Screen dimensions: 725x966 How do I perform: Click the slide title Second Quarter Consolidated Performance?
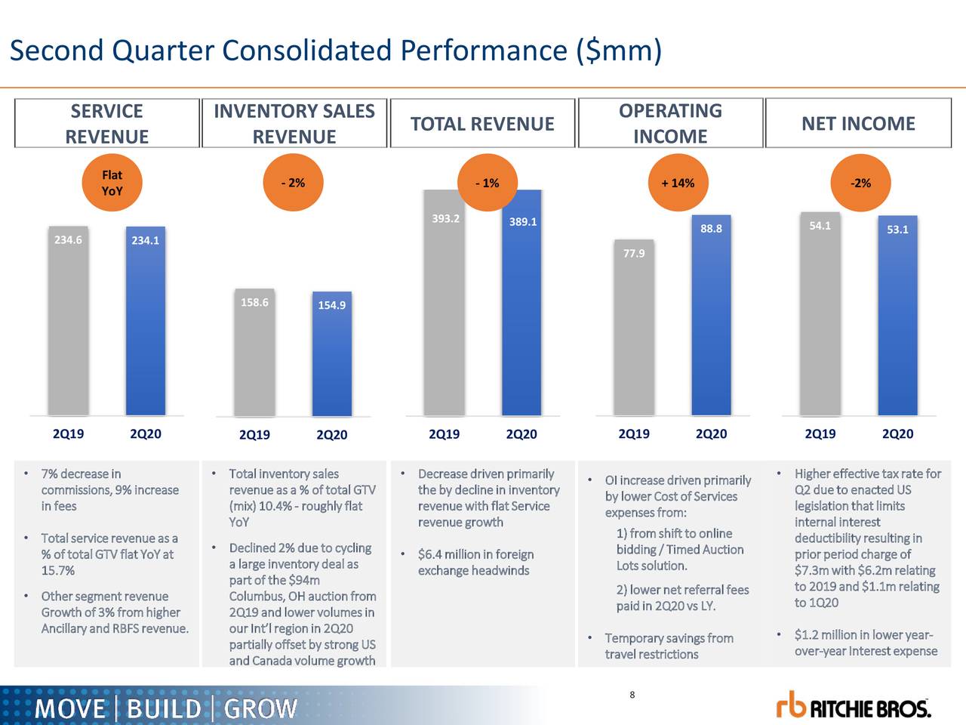tap(336, 51)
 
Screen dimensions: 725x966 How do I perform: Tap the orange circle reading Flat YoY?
tap(112, 183)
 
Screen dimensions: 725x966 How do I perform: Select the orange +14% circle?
tap(677, 183)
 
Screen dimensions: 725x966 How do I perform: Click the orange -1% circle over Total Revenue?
tap(486, 183)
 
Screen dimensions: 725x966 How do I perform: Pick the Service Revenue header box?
tap(106, 124)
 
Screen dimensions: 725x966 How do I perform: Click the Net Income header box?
tap(858, 124)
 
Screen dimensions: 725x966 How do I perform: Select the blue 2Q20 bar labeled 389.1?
tap(522, 317)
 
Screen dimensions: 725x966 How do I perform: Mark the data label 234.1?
tap(145, 240)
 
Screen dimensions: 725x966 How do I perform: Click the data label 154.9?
tap(331, 305)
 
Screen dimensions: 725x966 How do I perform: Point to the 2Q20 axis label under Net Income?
tap(897, 433)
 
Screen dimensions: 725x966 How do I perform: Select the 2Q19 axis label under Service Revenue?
tap(68, 433)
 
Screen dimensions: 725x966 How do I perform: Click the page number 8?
tap(632, 696)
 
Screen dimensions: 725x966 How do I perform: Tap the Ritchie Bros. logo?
tap(854, 705)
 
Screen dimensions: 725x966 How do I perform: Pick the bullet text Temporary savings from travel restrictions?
tap(668, 646)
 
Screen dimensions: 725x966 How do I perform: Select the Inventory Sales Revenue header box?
tap(294, 124)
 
